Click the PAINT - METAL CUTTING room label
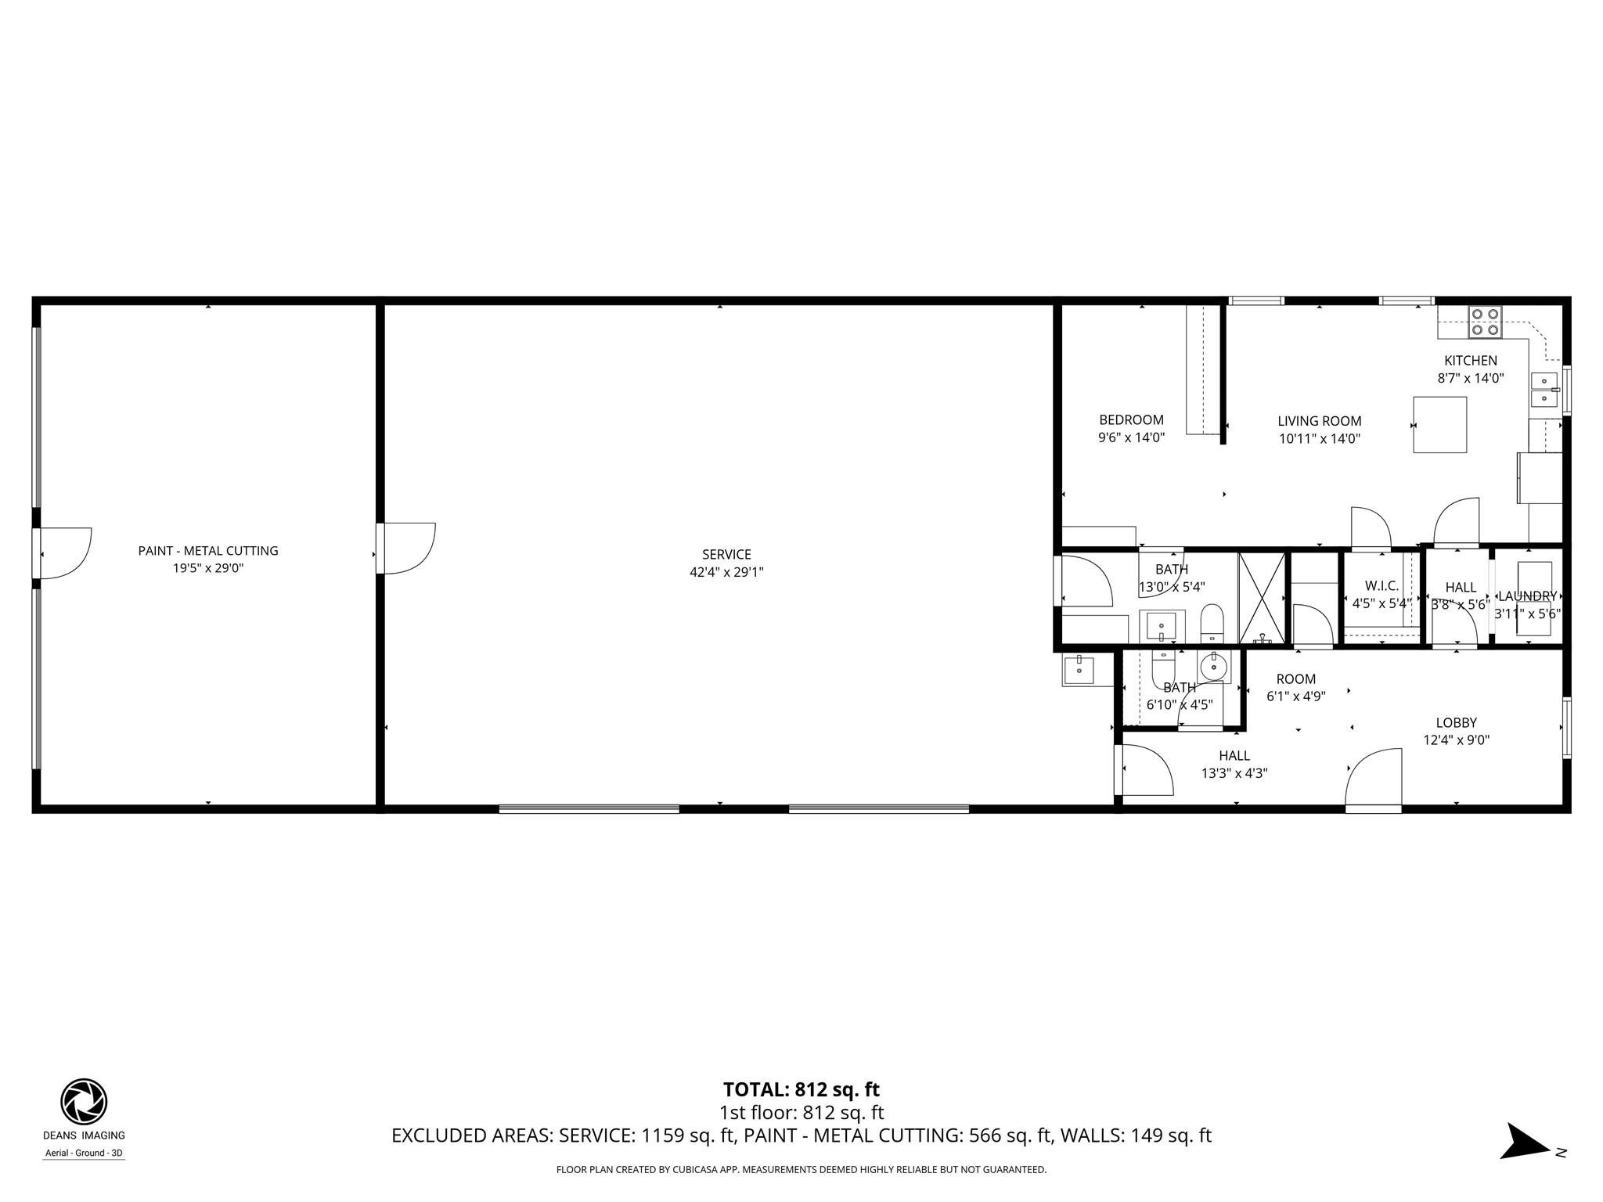(208, 551)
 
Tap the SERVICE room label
(726, 555)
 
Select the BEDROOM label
(1131, 420)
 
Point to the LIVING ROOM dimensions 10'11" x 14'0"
(1320, 439)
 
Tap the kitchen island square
(1439, 425)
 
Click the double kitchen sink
(1544, 390)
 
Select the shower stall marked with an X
(1261, 598)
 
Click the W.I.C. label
(1381, 586)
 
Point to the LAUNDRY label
(1527, 596)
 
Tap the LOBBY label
(1456, 723)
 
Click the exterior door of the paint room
(64, 552)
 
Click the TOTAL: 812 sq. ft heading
(801, 1089)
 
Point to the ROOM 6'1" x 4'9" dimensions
(1295, 696)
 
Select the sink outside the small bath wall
(1079, 670)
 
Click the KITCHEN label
(1470, 361)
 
